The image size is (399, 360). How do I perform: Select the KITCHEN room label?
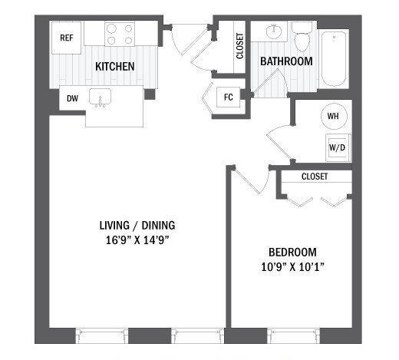coord(114,67)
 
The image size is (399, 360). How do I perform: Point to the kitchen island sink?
coord(101,99)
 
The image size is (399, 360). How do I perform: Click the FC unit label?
coord(228,97)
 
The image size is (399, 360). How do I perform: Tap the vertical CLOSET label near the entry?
coord(240,46)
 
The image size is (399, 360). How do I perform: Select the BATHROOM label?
coord(285,61)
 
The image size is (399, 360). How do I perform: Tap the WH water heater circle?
coord(333,116)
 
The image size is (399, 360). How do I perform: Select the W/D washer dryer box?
coord(336,147)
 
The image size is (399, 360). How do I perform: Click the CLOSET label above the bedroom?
coord(315,177)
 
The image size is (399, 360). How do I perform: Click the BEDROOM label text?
coord(292,252)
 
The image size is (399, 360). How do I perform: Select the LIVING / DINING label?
coord(137,225)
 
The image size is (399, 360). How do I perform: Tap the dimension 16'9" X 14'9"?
coord(137,239)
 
